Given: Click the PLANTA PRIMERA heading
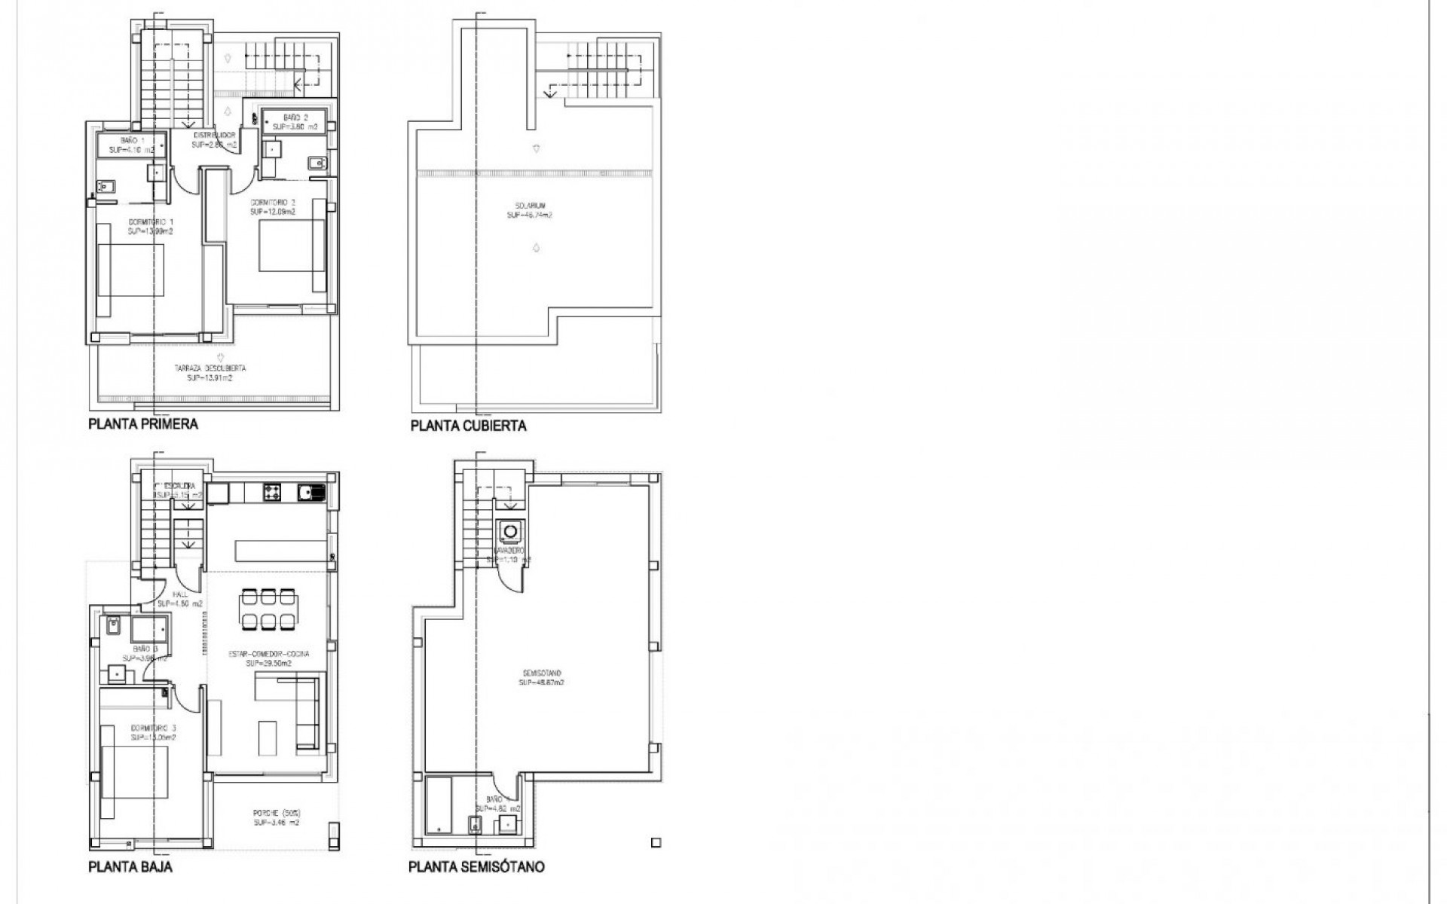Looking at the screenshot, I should point(143,424).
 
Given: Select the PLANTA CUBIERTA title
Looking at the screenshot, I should point(468,426).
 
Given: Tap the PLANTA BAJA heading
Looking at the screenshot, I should point(130,866).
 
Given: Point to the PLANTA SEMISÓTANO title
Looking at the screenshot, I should point(476,866).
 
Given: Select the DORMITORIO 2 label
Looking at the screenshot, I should point(273,207).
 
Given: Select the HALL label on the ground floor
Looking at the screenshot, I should point(179,599).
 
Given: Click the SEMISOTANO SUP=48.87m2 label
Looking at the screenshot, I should point(541,677).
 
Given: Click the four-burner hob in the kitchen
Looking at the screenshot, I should point(272,493).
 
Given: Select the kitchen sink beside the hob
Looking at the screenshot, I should point(310,493).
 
